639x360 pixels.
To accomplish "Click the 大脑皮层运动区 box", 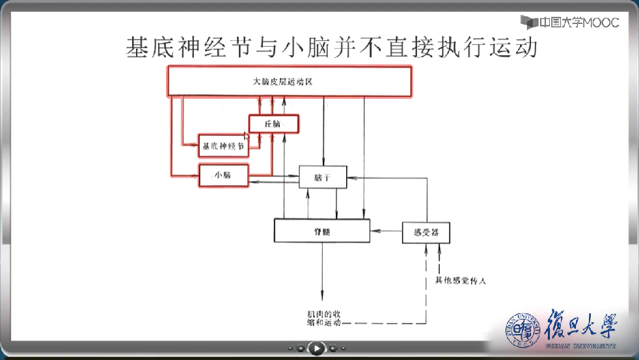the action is [x=290, y=82].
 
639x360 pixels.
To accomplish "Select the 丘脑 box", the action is [x=273, y=124].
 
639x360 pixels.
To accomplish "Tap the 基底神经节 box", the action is [x=223, y=146].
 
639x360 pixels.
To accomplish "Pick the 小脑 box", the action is [x=224, y=176].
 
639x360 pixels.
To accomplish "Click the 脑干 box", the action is [x=322, y=177].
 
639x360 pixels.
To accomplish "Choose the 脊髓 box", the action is [x=321, y=231].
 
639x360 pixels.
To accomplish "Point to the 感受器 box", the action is [x=426, y=232].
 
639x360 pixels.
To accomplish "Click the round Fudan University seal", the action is [x=524, y=330].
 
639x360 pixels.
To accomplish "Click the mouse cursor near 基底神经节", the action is [x=246, y=135].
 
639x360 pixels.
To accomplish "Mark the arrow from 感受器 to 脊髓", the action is [x=386, y=231].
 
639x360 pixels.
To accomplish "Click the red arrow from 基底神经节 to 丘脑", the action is [x=259, y=140].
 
